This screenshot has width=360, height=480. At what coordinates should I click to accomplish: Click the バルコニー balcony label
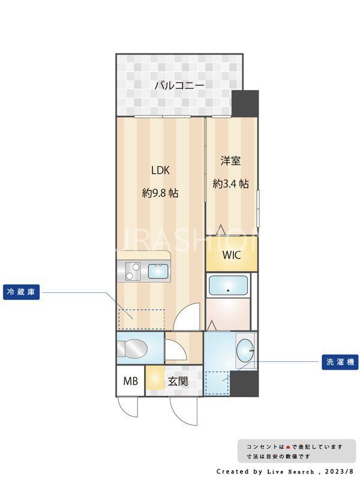coord(179,86)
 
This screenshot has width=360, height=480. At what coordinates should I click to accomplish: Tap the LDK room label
coord(160,170)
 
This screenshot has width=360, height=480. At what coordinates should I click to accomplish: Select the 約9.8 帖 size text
coord(160,193)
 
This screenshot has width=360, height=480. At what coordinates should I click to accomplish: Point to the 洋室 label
coord(231,161)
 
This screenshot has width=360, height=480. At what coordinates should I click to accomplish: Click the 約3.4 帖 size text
coord(231,184)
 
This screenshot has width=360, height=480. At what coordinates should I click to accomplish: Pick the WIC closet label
coord(232,254)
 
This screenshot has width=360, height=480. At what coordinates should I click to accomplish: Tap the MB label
coord(130,380)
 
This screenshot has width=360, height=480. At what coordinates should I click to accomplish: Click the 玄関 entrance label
coord(178,380)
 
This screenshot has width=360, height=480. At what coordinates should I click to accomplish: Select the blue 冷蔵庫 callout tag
coord(21,292)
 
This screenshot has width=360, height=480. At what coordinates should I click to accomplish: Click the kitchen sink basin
coord(159,271)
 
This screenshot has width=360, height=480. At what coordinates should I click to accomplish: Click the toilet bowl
coord(134,349)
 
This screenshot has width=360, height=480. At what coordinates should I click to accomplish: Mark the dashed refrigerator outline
coord(142,319)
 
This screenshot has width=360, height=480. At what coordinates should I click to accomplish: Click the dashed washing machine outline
coord(217,382)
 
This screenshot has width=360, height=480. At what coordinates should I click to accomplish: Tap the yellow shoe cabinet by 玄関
coord(154,379)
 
